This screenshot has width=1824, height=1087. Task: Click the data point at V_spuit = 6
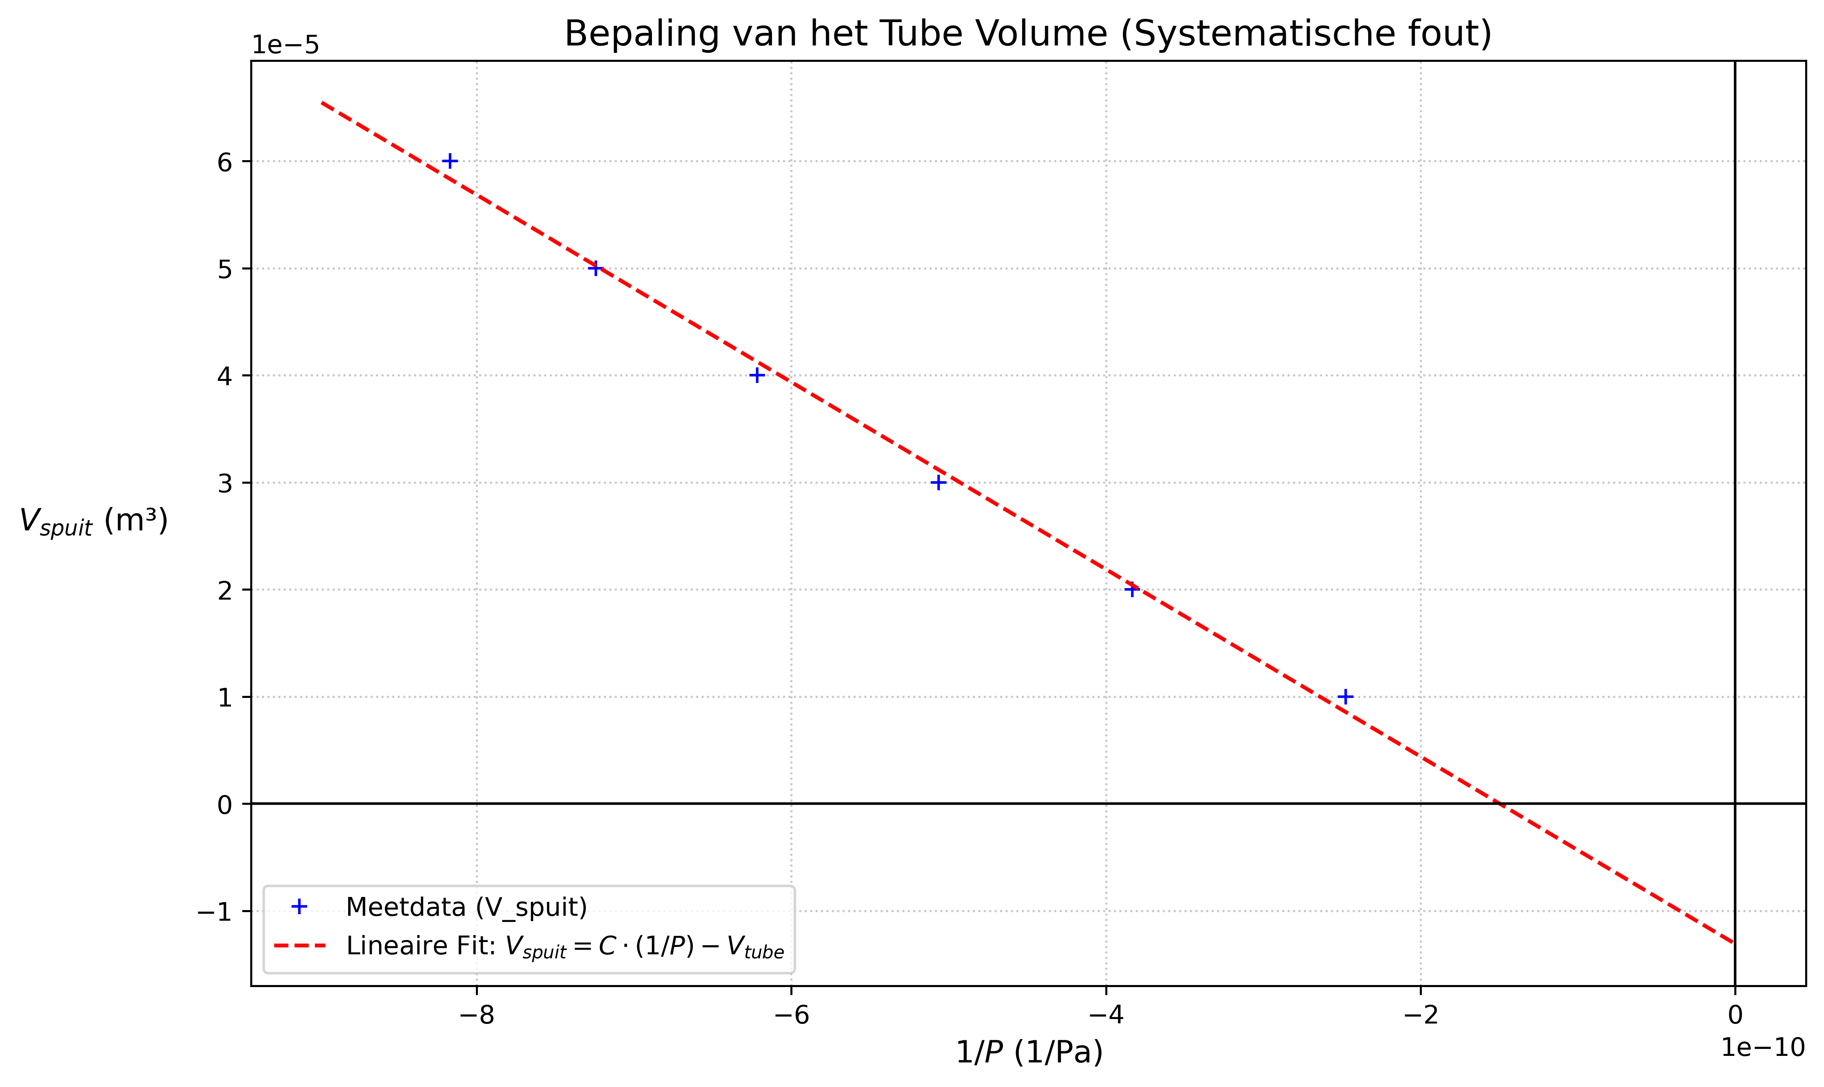(x=450, y=161)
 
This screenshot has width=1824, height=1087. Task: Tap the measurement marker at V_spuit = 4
(x=757, y=376)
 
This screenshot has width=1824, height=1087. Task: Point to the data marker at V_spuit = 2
(x=1132, y=590)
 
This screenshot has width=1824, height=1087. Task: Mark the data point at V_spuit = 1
(x=1345, y=697)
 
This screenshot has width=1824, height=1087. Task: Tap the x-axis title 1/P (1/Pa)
(x=1029, y=1053)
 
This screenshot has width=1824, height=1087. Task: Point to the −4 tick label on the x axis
(x=1106, y=1016)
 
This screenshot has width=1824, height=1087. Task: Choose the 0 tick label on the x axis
(x=1735, y=1016)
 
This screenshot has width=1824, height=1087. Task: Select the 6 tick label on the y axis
(x=224, y=162)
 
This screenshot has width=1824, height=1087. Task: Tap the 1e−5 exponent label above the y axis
(x=285, y=45)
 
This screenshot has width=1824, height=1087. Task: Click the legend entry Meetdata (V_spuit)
(x=466, y=908)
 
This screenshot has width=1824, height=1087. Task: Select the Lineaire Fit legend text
(x=565, y=947)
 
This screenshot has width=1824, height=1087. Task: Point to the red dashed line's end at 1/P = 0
(x=1733, y=942)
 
